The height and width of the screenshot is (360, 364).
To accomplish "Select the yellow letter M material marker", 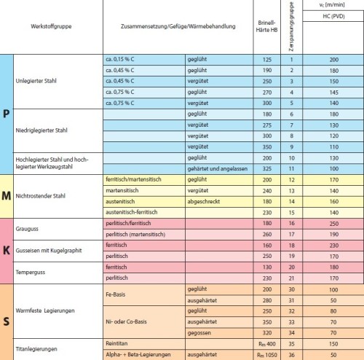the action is click(x=7, y=195).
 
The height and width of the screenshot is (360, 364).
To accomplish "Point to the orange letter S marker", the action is click(x=7, y=321).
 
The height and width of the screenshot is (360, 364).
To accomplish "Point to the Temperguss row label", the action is click(x=32, y=273).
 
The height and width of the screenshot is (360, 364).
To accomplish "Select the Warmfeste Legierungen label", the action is click(x=47, y=310).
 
